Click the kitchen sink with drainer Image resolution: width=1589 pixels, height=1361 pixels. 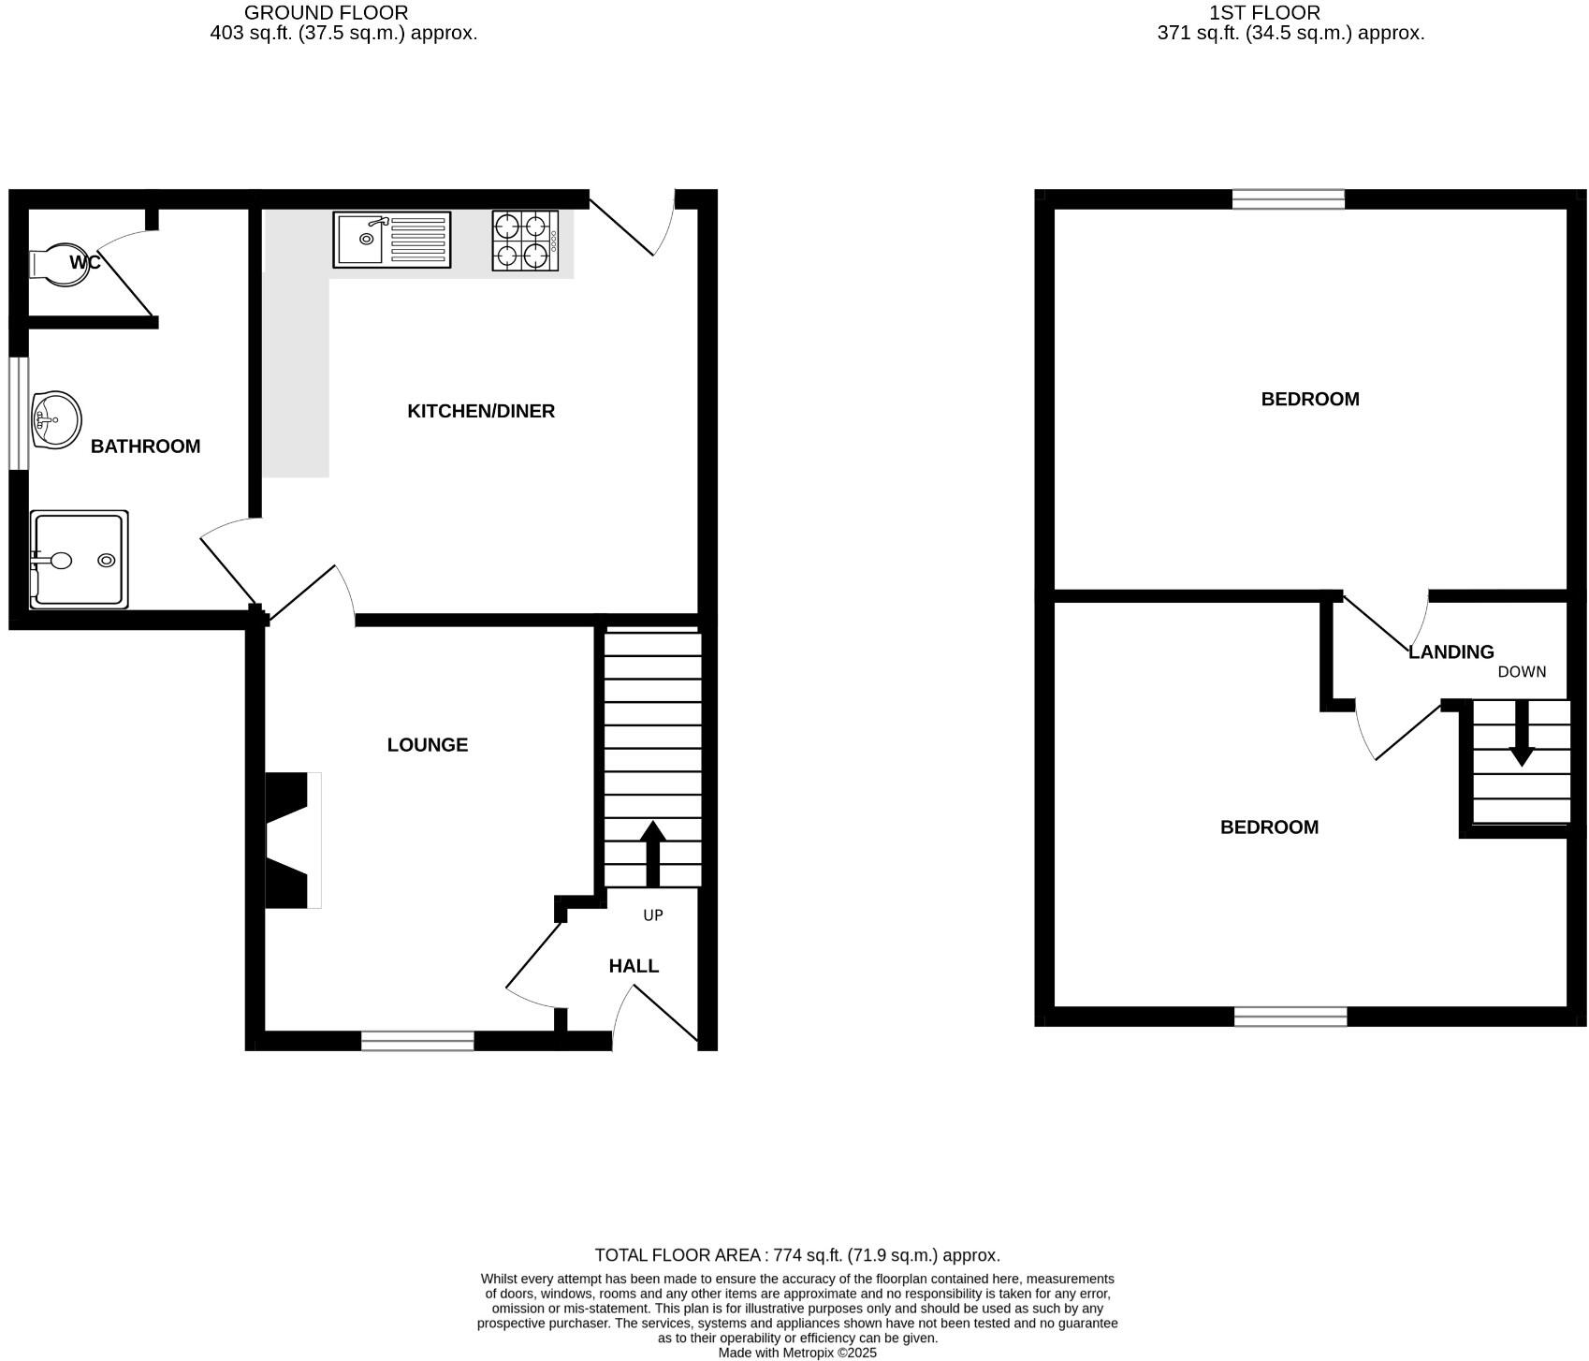pos(391,240)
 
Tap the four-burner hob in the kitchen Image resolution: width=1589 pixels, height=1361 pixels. pos(525,241)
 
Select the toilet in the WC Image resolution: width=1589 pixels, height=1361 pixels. pos(58,263)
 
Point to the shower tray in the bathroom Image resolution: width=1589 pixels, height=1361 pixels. pos(79,560)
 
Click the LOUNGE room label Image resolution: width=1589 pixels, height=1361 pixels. pos(428,745)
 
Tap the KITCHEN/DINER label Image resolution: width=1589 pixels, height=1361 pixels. pos(481,411)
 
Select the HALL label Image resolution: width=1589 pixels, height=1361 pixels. pos(634,966)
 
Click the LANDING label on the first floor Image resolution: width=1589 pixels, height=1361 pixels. pos(1451,652)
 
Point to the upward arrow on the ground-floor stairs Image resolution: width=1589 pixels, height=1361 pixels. pos(652,852)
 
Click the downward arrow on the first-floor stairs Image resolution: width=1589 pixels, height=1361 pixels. pos(1522,732)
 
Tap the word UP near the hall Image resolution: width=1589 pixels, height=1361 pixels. pos(653,915)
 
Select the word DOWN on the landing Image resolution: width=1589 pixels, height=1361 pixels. pos(1522,672)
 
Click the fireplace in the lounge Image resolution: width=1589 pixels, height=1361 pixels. pos(292,840)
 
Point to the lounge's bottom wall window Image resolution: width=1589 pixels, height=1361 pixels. pos(417,1040)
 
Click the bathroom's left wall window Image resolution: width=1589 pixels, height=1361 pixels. pos(18,412)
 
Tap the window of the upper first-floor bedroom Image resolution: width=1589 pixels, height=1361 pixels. pos(1288,198)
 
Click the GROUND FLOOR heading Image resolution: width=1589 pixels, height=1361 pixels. pos(326,13)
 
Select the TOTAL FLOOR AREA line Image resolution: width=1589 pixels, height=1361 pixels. pos(797,1255)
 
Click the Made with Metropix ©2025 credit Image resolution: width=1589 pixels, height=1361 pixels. pos(797,1353)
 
